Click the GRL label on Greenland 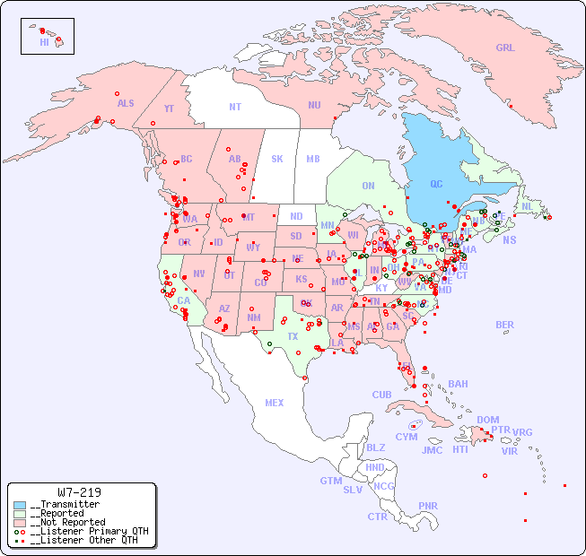(x=505, y=48)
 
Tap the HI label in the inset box (x=44, y=42)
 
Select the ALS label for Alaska (x=126, y=103)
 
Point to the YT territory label (x=169, y=109)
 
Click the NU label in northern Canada (x=314, y=105)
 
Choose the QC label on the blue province (x=436, y=185)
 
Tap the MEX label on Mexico (x=275, y=403)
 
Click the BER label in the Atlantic (x=504, y=325)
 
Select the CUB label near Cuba (x=381, y=395)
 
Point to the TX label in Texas (x=293, y=336)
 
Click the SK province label (x=277, y=159)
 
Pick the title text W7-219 (x=79, y=492)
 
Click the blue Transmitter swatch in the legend (x=20, y=505)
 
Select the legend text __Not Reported (x=67, y=522)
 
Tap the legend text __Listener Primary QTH (x=89, y=531)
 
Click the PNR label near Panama (x=428, y=506)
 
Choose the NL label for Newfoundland (x=528, y=205)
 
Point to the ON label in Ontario (x=368, y=186)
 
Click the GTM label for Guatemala (x=330, y=481)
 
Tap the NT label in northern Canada (x=235, y=106)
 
